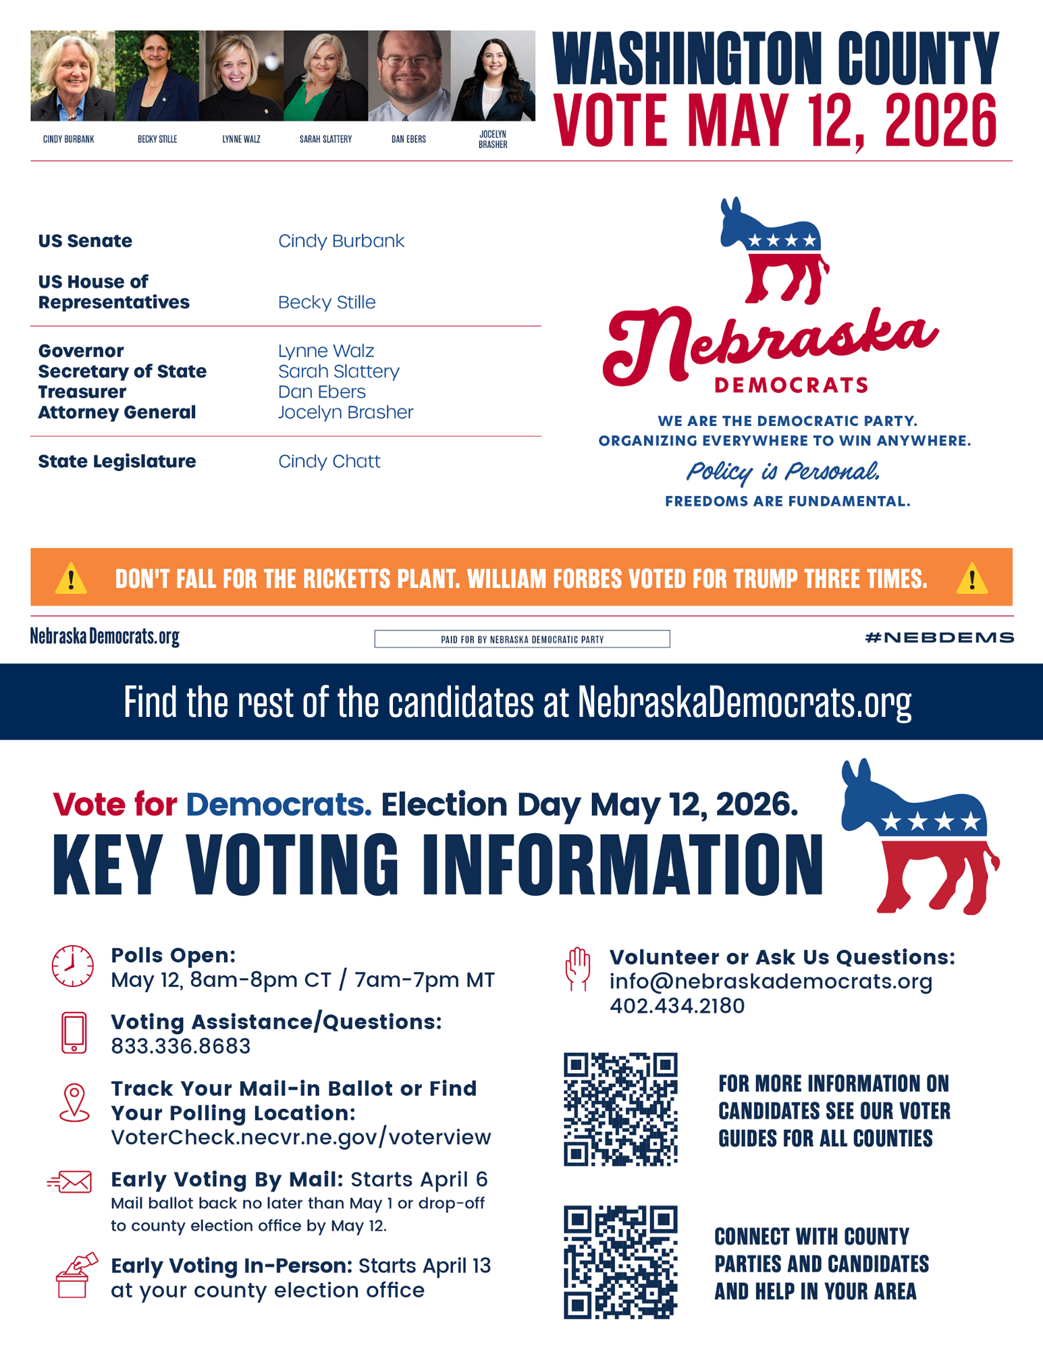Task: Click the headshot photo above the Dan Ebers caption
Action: (x=409, y=76)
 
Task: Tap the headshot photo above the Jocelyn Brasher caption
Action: (x=493, y=76)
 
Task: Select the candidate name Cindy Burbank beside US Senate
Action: (x=341, y=241)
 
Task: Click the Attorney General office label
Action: (x=117, y=412)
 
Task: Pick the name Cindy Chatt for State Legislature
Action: (x=329, y=462)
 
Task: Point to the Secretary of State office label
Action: (x=122, y=371)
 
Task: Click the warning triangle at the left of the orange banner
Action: (x=71, y=579)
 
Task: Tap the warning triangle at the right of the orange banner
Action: (x=971, y=579)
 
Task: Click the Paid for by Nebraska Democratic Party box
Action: (x=522, y=639)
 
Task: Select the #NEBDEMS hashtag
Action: (x=939, y=637)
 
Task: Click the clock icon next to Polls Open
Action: (x=73, y=966)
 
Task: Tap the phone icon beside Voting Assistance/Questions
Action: (x=74, y=1033)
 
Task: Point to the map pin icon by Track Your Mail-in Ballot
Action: (x=74, y=1103)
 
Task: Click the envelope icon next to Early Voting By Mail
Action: (x=70, y=1182)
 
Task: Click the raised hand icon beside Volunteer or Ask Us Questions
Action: (x=578, y=969)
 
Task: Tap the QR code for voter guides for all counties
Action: (x=620, y=1109)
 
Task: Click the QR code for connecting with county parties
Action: (x=620, y=1262)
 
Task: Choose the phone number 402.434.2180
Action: (x=677, y=1006)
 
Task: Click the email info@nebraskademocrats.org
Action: (x=770, y=981)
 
